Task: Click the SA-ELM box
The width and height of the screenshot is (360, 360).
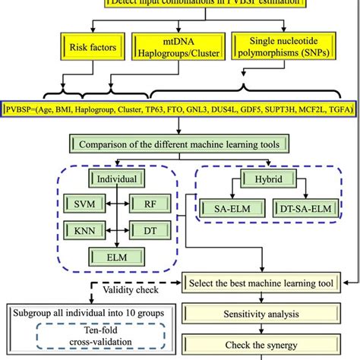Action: [x=225, y=207]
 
